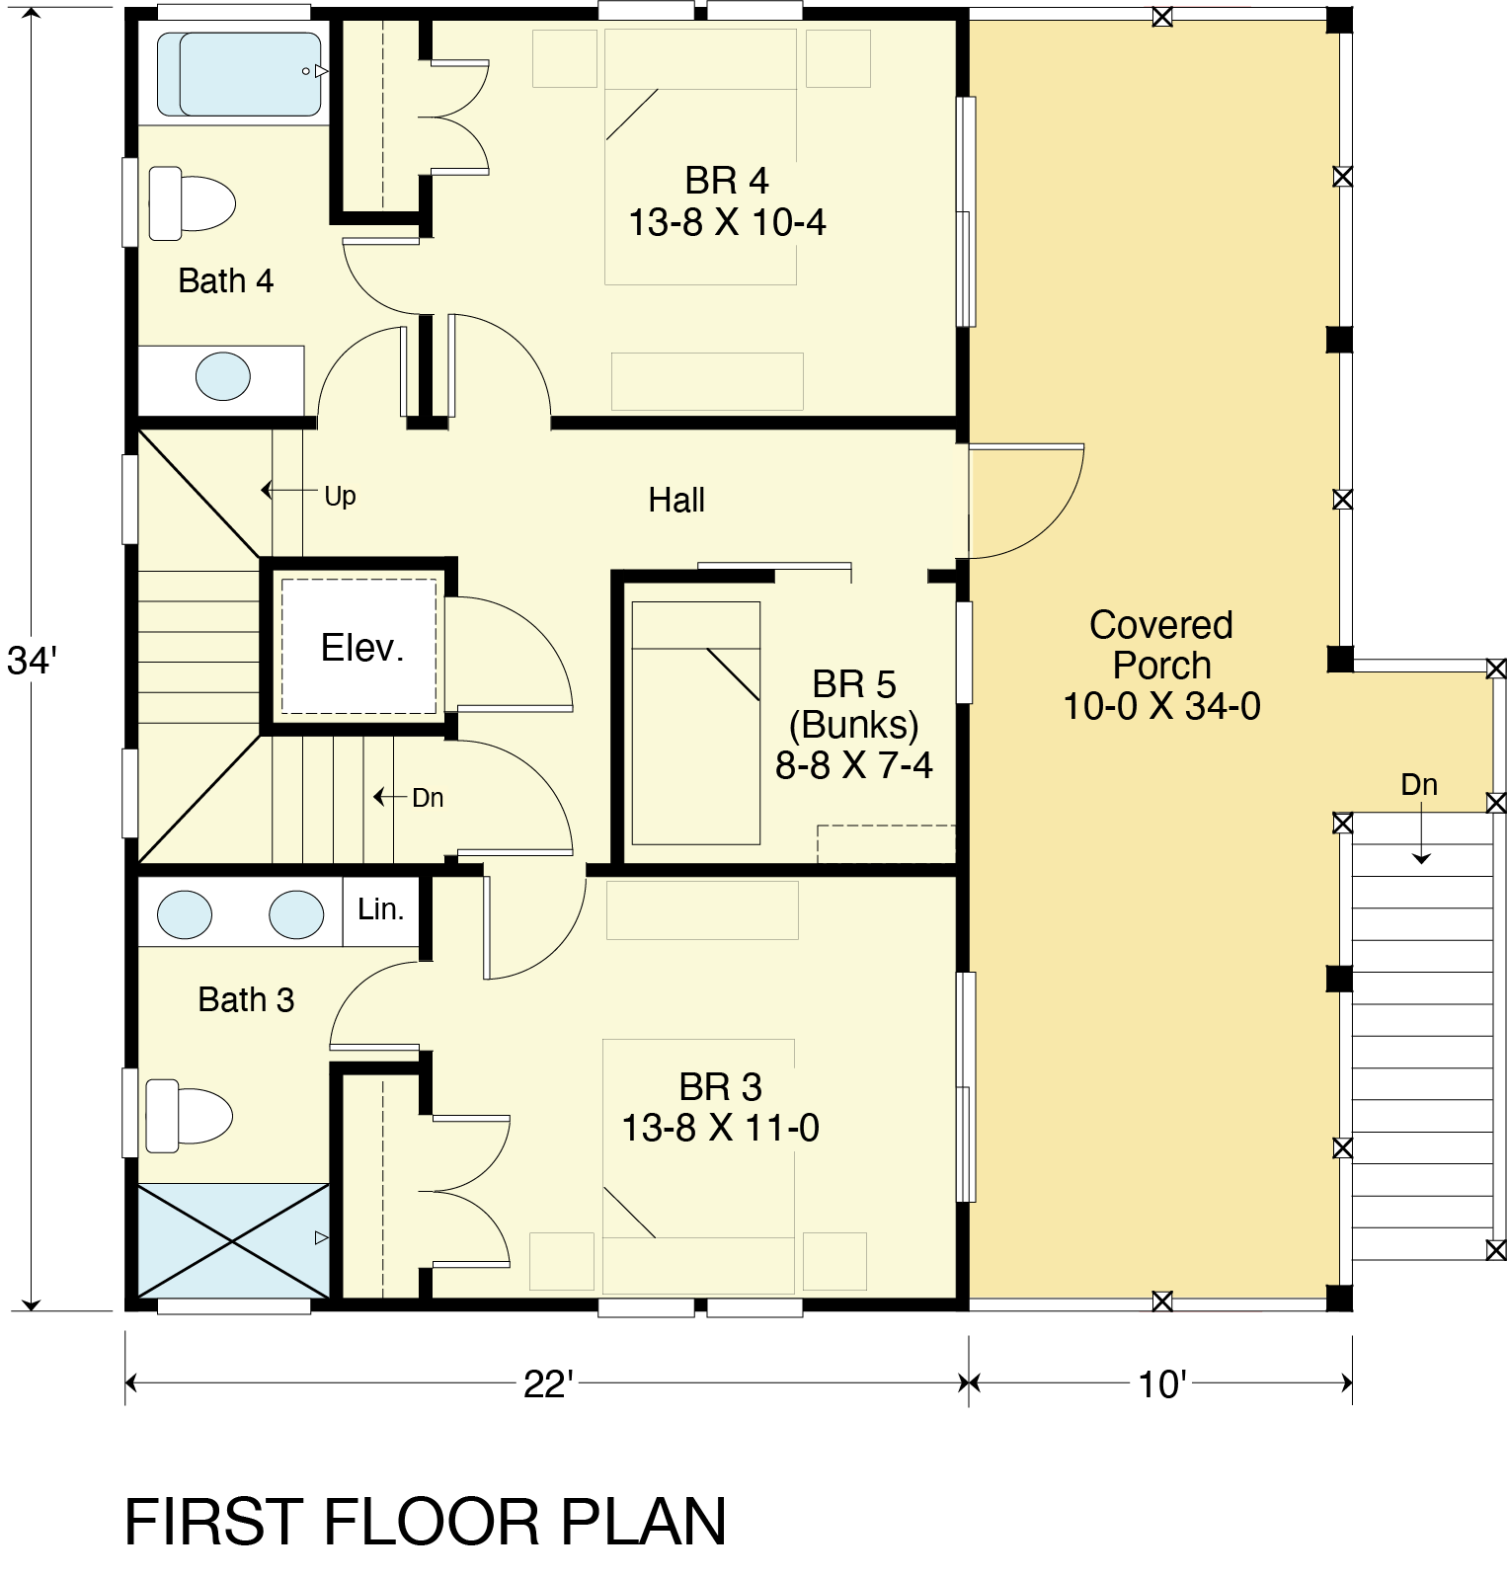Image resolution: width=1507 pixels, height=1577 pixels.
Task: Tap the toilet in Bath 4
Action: pos(192,203)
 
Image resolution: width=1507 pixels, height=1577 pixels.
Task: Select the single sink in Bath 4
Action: pos(223,376)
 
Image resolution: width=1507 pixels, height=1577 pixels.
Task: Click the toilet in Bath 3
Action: pos(189,1115)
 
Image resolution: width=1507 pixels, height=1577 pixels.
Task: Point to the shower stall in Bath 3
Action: pos(232,1239)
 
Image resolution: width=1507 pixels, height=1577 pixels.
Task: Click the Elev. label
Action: pos(361,648)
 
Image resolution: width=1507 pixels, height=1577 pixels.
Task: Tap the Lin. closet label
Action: pos(381,908)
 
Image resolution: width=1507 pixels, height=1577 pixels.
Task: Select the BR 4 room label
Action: pos(726,181)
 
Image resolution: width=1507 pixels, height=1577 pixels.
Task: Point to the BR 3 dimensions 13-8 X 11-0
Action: pos(720,1128)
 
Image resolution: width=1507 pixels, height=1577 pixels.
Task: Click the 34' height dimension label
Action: pos(29,661)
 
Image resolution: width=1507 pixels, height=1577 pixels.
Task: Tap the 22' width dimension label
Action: pos(548,1384)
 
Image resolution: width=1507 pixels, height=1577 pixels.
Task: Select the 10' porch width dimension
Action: pos(1160,1384)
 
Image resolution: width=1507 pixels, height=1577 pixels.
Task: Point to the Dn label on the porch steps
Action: pos(1419,785)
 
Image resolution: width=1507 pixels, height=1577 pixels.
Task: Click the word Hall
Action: pos(676,501)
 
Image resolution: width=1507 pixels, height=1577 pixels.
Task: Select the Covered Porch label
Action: pos(1161,645)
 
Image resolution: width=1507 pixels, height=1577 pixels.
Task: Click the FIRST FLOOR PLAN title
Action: pos(426,1522)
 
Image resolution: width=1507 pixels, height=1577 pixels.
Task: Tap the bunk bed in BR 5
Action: pos(696,723)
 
